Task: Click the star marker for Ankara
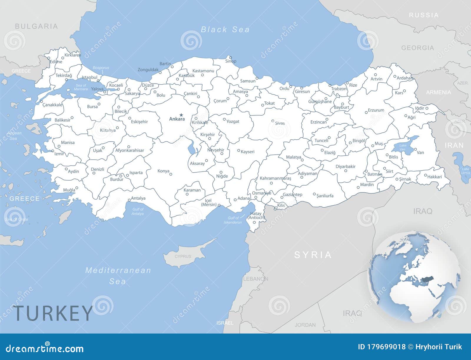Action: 181,115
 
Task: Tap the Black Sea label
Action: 225,29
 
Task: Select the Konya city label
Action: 163,171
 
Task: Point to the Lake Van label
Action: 402,147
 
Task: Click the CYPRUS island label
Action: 183,256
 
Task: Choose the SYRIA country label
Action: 313,255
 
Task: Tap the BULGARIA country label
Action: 36,26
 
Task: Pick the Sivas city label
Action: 280,123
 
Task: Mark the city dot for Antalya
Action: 129,200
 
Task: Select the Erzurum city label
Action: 376,110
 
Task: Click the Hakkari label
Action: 434,177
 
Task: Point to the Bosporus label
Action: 101,68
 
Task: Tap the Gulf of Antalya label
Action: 138,211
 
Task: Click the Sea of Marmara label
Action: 81,87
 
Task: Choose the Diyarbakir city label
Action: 346,166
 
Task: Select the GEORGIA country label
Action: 417,48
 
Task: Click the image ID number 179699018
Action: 382,347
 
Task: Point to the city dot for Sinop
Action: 230,58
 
